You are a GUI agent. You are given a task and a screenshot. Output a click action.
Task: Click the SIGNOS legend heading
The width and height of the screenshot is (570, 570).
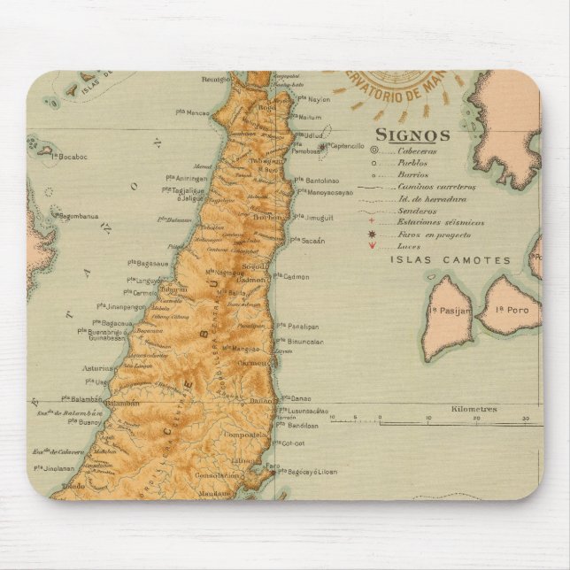tap(412, 135)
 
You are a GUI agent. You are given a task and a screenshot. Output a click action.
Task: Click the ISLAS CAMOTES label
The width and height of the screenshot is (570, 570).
tap(451, 260)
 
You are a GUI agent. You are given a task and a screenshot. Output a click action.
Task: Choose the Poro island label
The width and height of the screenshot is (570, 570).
tap(511, 311)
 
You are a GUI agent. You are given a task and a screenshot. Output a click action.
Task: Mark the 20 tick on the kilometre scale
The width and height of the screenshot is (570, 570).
tap(477, 418)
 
